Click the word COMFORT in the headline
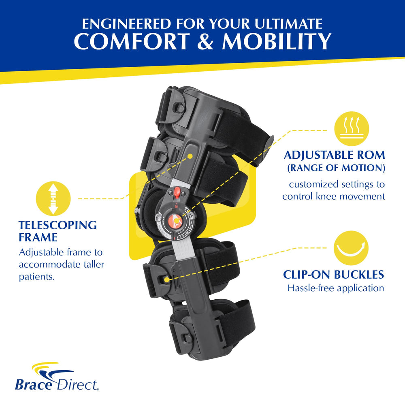coord(132,41)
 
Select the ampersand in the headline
coord(206,41)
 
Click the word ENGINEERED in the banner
coord(126,24)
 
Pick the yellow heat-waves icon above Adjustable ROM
coord(352,129)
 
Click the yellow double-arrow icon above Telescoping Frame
coord(53,198)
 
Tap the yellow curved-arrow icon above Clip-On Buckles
coord(351,248)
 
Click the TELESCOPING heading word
coord(58,225)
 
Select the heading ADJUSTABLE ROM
coord(335,155)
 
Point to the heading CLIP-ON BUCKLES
coord(333,275)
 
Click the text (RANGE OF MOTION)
coord(336,168)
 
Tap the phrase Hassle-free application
coord(336,288)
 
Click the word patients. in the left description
coord(37,277)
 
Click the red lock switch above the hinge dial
coord(177,192)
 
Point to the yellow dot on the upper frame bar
coord(190,156)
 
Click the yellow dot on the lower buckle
coord(167,279)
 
